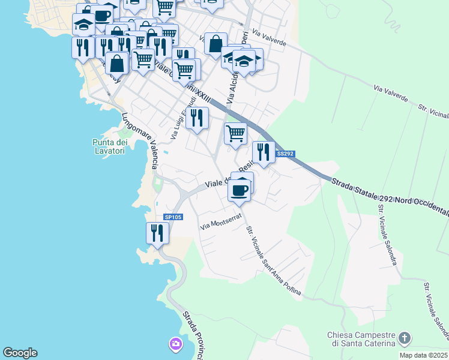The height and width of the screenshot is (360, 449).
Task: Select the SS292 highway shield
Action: (285, 154)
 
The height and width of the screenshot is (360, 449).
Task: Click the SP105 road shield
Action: (173, 217)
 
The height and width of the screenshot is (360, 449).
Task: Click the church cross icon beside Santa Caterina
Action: (405, 338)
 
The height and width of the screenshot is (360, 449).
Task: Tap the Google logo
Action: (20, 353)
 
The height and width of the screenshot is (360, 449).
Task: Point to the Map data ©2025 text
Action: (423, 355)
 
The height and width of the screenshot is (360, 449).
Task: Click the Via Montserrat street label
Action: (220, 224)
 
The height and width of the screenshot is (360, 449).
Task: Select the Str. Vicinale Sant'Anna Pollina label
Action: (273, 261)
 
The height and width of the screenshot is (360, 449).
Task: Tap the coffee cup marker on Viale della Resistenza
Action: (239, 191)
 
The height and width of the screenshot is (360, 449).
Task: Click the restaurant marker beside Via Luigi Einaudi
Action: (197, 118)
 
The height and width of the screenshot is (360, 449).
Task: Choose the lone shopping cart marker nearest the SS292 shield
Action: (235, 133)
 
